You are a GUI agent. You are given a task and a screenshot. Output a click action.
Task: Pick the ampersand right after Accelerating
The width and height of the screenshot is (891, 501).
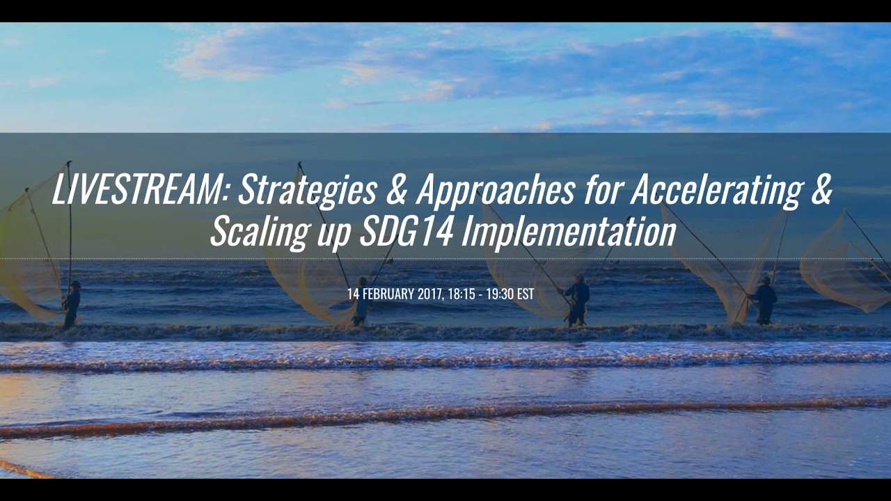[x=821, y=191]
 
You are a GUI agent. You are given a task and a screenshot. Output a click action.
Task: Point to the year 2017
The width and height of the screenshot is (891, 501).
[x=430, y=294]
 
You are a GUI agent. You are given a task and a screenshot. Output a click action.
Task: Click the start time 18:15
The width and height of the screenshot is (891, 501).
[x=461, y=294]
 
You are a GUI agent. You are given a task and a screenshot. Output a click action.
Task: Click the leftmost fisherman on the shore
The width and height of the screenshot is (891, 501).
[x=72, y=303]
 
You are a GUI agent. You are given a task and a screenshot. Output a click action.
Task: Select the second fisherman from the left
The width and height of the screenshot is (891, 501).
[x=361, y=301]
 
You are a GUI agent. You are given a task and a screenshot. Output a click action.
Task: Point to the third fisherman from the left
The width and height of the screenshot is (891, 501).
[x=577, y=300]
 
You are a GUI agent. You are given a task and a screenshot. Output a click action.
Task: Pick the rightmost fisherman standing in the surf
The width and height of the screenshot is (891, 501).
[x=764, y=299]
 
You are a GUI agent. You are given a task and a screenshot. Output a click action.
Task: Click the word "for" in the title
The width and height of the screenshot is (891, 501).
[x=602, y=190]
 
